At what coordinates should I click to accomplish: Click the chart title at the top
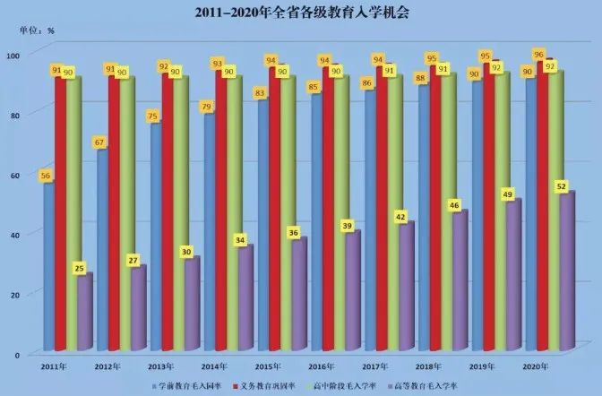(301, 12)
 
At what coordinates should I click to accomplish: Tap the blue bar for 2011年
(49, 269)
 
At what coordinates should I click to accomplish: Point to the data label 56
(45, 176)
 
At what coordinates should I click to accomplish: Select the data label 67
(99, 142)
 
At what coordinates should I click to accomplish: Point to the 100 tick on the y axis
(13, 56)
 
